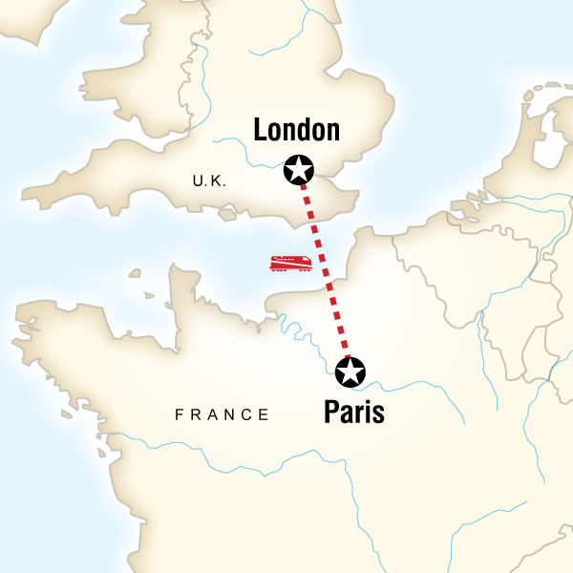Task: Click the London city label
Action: point(296,131)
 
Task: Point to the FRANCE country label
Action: point(222,414)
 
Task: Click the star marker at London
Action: point(300,171)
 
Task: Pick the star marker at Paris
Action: point(350,371)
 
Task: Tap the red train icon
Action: point(289,262)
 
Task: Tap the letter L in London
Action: point(260,131)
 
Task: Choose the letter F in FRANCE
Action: point(179,414)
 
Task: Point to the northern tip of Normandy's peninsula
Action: point(176,269)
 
